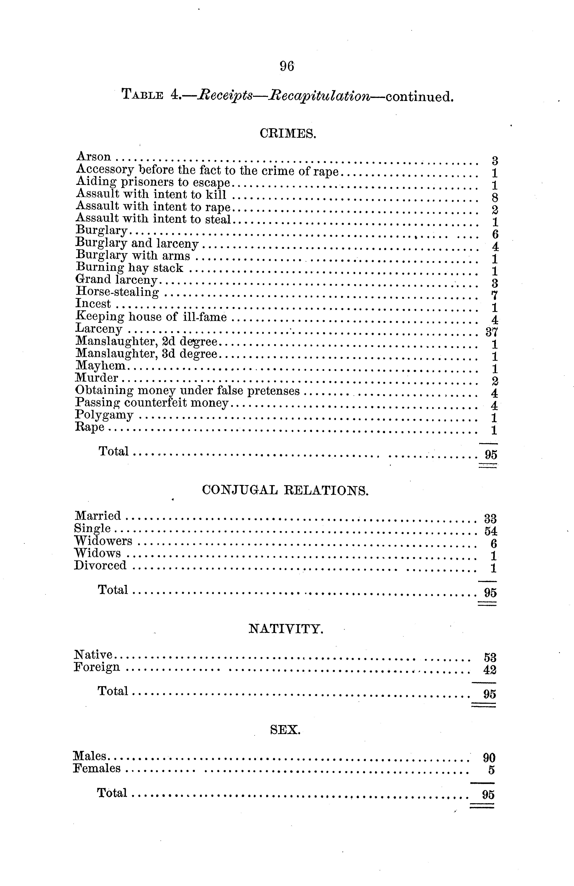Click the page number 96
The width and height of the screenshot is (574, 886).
pyautogui.click(x=287, y=66)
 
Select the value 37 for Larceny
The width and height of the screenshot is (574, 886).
pyautogui.click(x=491, y=332)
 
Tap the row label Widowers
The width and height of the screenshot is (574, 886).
pyautogui.click(x=103, y=541)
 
